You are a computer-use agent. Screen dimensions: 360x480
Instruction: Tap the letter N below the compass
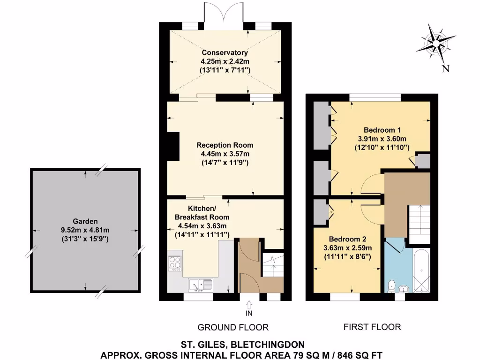[x=446, y=69]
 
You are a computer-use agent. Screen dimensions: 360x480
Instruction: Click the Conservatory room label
[x=225, y=52]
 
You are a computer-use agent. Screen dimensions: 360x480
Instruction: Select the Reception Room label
[x=225, y=145]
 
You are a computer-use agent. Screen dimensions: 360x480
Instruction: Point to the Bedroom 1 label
[x=383, y=130]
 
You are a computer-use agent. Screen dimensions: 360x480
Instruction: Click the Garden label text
[x=85, y=221]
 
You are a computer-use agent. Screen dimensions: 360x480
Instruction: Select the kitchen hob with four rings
[x=175, y=264]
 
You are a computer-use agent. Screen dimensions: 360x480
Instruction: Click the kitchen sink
[x=200, y=285]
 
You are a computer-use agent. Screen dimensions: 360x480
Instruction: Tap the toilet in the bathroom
[x=392, y=286]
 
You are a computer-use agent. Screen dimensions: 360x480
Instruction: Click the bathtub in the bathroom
[x=421, y=271]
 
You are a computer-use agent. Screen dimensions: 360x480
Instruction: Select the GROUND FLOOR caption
[x=233, y=327]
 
